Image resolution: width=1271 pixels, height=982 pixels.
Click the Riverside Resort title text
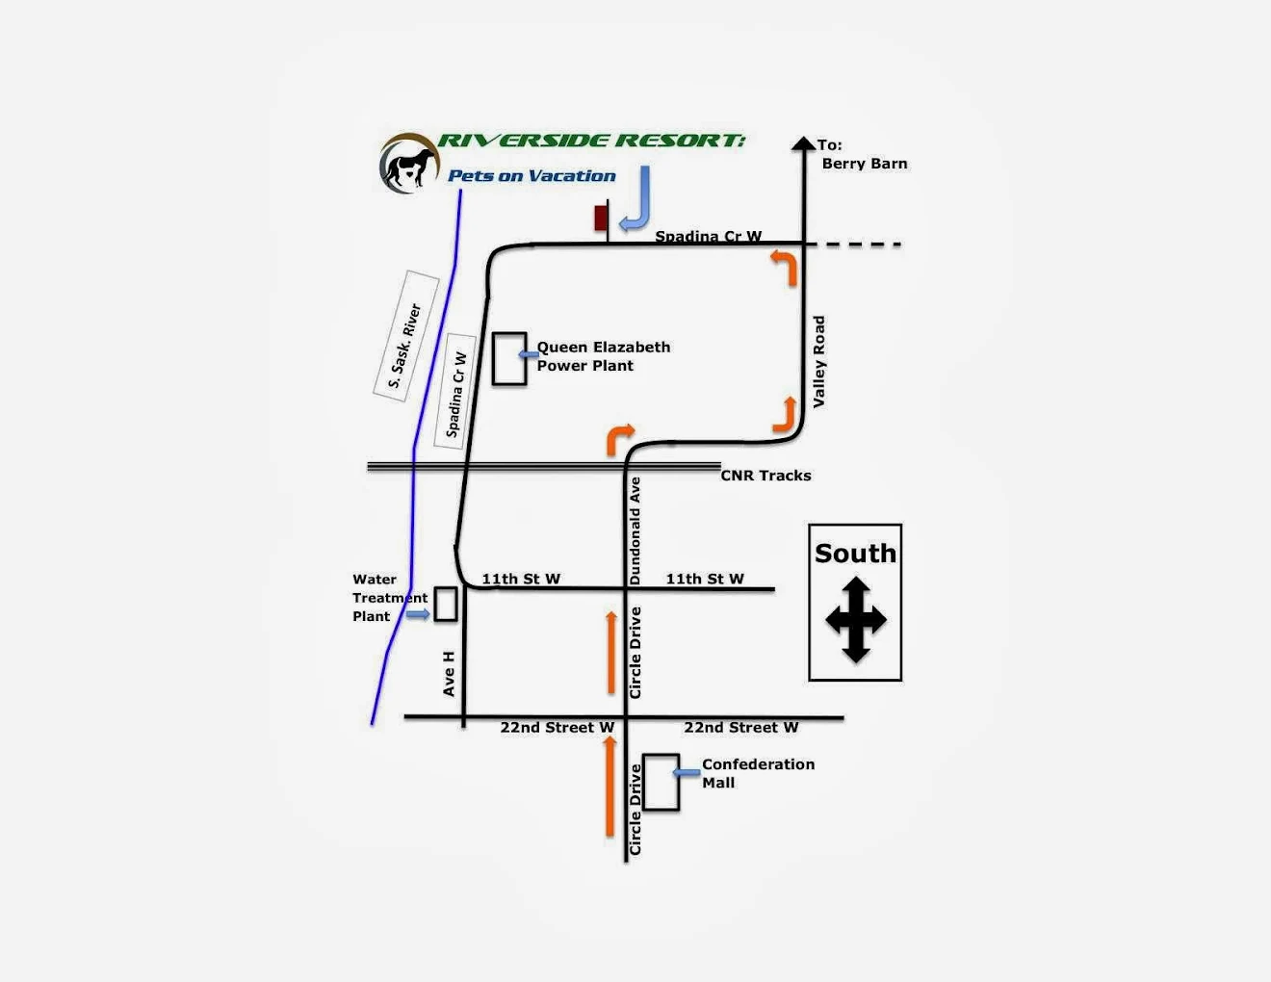pyautogui.click(x=591, y=141)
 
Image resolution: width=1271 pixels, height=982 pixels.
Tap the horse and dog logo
pyautogui.click(x=409, y=164)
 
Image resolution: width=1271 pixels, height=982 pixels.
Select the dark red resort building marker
pyautogui.click(x=601, y=218)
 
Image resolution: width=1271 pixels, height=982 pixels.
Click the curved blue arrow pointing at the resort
pyautogui.click(x=637, y=200)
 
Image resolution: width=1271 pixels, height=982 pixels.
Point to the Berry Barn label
pyautogui.click(x=864, y=164)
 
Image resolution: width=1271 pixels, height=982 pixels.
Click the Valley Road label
pyautogui.click(x=818, y=362)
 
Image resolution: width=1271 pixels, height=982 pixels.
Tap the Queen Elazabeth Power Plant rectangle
pyautogui.click(x=509, y=359)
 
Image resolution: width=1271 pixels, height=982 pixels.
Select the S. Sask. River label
pyautogui.click(x=405, y=345)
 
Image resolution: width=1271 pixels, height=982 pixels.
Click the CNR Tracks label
pyautogui.click(x=765, y=476)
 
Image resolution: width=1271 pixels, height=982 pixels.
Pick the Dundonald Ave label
pyautogui.click(x=635, y=531)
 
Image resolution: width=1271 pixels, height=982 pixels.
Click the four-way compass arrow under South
pyautogui.click(x=855, y=620)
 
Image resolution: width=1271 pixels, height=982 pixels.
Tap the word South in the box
pyautogui.click(x=855, y=554)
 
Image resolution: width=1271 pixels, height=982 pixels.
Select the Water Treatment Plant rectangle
pyautogui.click(x=445, y=605)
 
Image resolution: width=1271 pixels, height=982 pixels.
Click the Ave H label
pyautogui.click(x=449, y=673)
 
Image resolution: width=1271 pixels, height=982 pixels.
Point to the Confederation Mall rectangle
pyautogui.click(x=661, y=783)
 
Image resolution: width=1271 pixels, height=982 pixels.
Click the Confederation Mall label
pyautogui.click(x=757, y=773)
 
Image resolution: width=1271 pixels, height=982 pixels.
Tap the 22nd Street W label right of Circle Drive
pyautogui.click(x=740, y=728)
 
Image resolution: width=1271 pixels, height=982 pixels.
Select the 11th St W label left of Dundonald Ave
pyautogui.click(x=521, y=579)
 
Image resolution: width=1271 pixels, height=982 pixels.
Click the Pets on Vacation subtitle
pyautogui.click(x=532, y=176)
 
